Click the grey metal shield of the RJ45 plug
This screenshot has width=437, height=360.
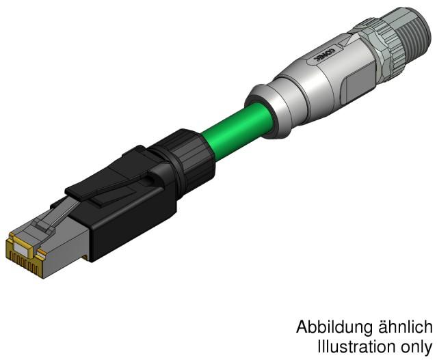[x=65, y=236]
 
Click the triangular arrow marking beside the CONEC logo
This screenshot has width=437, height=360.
[x=316, y=62]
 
